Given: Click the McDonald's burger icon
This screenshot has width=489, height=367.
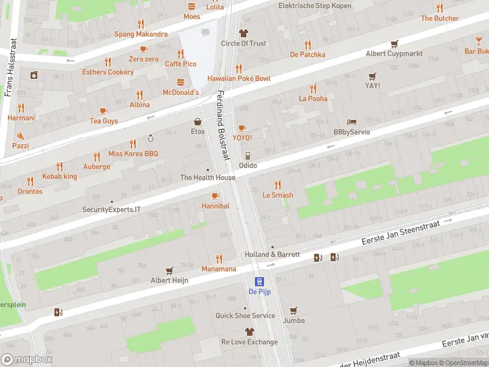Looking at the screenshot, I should coord(180,82).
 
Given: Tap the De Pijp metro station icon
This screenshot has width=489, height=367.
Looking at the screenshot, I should coord(260,281).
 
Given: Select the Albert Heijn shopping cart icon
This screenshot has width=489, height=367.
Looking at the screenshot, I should coord(169,270).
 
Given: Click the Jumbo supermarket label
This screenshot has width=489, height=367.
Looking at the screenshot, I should coord(293,321).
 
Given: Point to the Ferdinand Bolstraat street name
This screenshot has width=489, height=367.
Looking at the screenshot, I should coord(222,125).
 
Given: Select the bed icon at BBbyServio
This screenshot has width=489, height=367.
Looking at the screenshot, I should coord(351,122).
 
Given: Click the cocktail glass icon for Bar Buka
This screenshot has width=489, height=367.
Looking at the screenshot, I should coord(479,41).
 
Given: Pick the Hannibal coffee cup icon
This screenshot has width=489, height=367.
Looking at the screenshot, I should coord(215,196).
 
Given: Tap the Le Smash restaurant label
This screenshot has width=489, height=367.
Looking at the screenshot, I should coord(278,195).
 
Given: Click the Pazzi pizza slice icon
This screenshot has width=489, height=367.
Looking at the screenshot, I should coord(20,135).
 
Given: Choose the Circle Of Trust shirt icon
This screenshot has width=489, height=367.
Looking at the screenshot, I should coord(243,33).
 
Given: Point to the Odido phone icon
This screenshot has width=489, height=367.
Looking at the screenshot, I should coord(248,155).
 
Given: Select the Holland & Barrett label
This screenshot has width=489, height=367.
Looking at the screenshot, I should coord(272,254).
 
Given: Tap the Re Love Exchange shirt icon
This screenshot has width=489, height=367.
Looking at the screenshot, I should coord(249,332).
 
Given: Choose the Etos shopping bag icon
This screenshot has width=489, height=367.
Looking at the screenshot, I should coord(197,121).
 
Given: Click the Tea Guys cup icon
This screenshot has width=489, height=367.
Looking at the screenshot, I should coord(103,111).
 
